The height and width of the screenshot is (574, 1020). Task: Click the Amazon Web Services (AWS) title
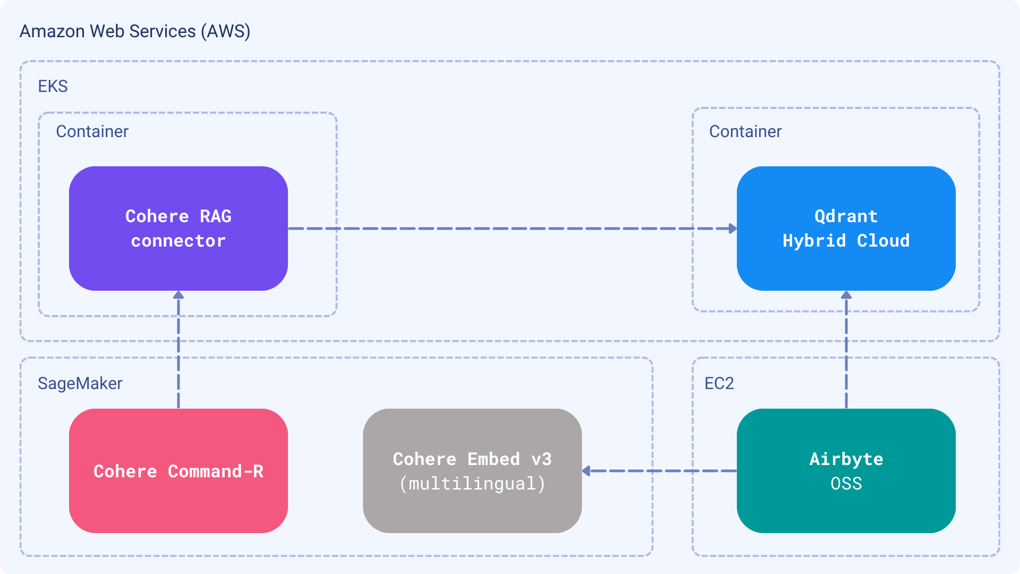click(135, 31)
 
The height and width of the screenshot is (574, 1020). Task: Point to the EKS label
click(53, 86)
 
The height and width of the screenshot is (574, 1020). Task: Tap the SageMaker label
click(80, 383)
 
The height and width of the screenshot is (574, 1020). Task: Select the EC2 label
click(719, 383)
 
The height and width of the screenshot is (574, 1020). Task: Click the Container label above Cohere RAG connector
click(92, 131)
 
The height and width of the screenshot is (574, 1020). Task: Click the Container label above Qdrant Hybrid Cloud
click(745, 131)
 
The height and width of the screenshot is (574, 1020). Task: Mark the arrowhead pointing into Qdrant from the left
click(733, 229)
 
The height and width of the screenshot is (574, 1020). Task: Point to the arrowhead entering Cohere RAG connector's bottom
click(178, 295)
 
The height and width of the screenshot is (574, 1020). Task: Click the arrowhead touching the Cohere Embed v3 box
click(586, 471)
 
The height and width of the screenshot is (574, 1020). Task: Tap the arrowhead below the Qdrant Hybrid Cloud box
click(846, 295)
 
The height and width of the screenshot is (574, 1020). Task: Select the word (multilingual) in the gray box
click(472, 484)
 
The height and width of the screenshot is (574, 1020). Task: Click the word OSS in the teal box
click(846, 484)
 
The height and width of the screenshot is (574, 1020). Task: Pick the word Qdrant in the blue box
click(846, 216)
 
